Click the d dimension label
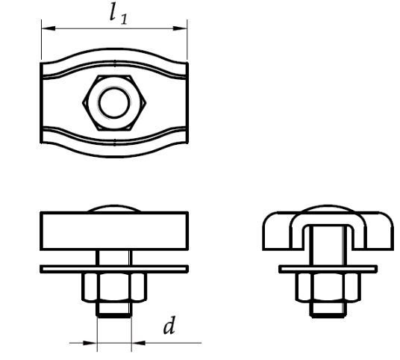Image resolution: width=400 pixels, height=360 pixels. (x=169, y=326)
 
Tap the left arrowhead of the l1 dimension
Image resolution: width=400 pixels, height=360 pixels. (x=49, y=28)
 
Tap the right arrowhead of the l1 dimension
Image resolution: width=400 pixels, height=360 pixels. (x=180, y=28)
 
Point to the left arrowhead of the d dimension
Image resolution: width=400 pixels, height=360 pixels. (x=90, y=343)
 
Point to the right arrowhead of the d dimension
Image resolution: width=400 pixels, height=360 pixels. (x=138, y=343)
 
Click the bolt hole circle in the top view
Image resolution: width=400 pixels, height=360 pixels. (x=114, y=102)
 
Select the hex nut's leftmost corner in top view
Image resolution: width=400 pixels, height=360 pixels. (x=83, y=103)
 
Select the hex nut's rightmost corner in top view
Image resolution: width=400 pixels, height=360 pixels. (x=146, y=103)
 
